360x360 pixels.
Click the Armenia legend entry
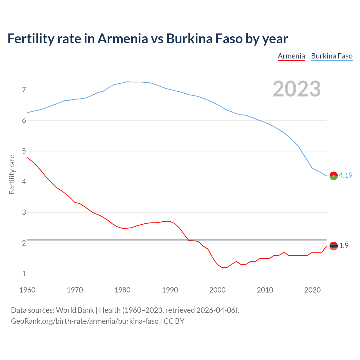point(291,56)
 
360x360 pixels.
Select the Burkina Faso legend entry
point(332,56)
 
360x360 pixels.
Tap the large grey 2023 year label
point(296,89)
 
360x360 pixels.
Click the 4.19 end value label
point(346,175)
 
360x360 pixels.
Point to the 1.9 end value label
point(344,246)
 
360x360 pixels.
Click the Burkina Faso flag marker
point(334,175)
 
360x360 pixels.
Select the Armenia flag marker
point(334,246)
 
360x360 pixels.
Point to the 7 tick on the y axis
point(24,90)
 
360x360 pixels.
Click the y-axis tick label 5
point(24,151)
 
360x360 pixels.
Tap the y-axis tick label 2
point(24,243)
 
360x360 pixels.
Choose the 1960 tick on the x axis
point(27,290)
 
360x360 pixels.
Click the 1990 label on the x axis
point(170,290)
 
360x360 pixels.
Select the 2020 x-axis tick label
point(312,290)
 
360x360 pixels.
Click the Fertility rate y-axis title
point(12,174)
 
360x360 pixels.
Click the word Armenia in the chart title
point(123,39)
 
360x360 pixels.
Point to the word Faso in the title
point(229,39)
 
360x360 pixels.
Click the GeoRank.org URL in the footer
point(85,321)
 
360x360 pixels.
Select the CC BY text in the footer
point(174,321)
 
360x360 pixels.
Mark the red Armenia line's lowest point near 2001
point(224,267)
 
